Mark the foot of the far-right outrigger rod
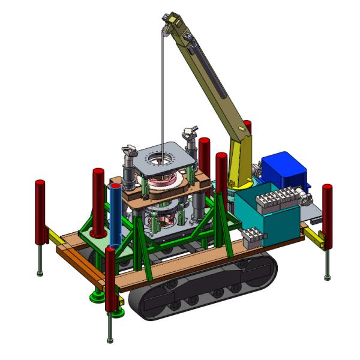[327, 277]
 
